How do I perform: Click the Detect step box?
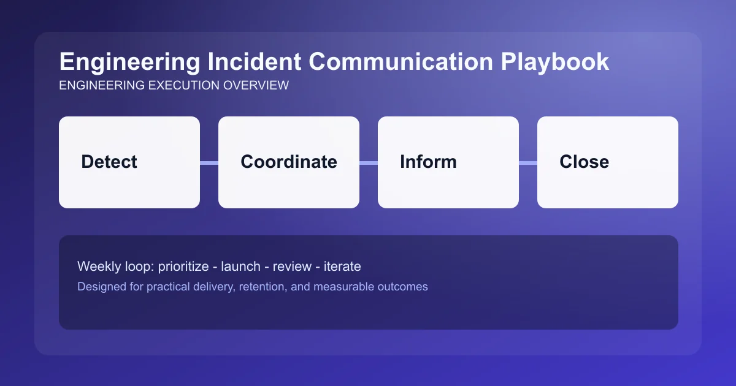click(x=129, y=162)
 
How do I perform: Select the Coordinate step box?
click(x=288, y=162)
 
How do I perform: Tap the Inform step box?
click(x=448, y=162)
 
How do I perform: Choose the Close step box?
click(x=607, y=162)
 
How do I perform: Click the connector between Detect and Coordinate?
click(x=209, y=162)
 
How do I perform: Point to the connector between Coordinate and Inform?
click(x=369, y=162)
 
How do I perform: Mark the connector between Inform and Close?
click(x=528, y=162)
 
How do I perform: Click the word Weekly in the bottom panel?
click(x=96, y=267)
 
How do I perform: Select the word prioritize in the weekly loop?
click(x=184, y=267)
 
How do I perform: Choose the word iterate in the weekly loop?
click(x=342, y=267)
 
